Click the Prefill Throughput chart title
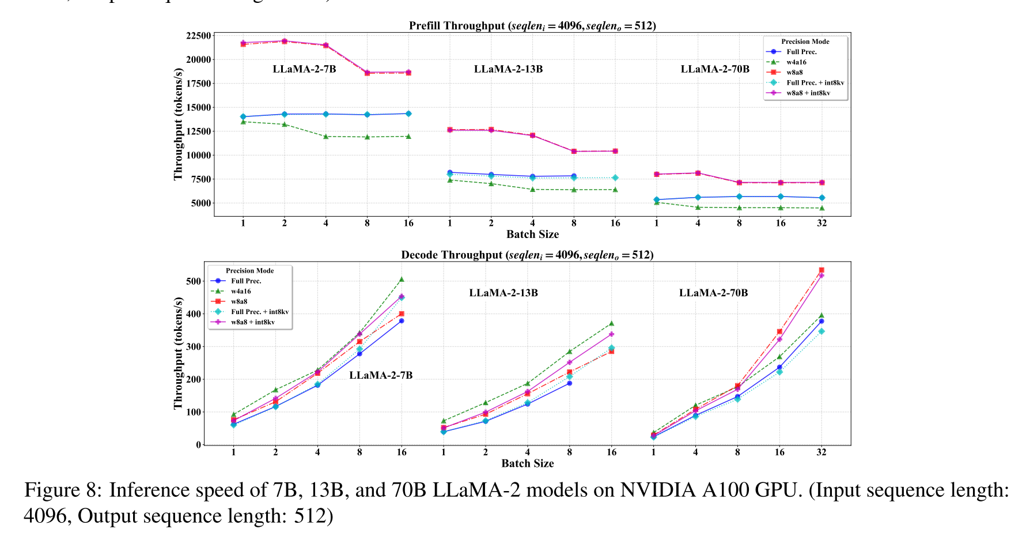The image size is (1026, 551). click(x=532, y=25)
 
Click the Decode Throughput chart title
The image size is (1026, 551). click(x=527, y=255)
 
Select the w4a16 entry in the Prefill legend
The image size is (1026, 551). click(x=796, y=62)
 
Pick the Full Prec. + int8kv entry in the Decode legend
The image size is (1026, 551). click(x=259, y=312)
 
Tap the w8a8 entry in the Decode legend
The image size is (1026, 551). click(x=239, y=301)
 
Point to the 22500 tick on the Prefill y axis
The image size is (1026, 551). click(x=198, y=36)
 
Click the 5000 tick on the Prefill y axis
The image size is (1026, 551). click(x=201, y=203)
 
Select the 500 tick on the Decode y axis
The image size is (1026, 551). click(x=194, y=281)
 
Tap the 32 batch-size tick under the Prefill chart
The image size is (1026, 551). click(x=821, y=223)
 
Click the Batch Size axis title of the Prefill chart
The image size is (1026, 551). click(x=532, y=234)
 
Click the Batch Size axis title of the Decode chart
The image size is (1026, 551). click(x=527, y=463)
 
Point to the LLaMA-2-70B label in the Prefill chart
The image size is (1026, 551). click(x=715, y=69)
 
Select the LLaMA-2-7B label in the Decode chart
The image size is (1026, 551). click(x=381, y=375)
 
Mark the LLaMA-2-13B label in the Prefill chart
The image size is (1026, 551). click(x=508, y=69)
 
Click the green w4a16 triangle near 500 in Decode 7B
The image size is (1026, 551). click(x=402, y=280)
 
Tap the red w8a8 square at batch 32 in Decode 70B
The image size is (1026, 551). click(x=821, y=270)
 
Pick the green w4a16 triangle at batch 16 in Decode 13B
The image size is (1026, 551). click(x=611, y=323)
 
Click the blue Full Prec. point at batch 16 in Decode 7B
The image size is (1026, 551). click(x=402, y=320)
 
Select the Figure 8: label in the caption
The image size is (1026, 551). click(x=63, y=490)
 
